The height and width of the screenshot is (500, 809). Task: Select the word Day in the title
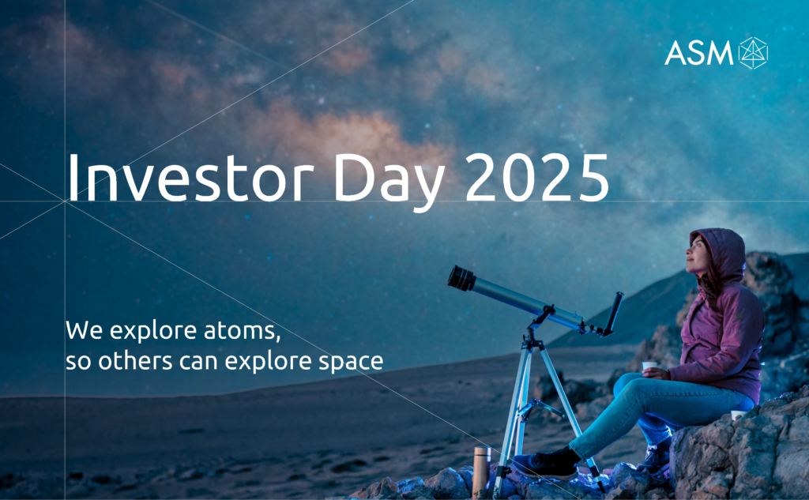[389, 182]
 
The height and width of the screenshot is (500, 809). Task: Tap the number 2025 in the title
[537, 177]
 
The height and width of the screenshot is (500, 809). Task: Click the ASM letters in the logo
[698, 53]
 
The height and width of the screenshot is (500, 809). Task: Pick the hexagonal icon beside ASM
[753, 53]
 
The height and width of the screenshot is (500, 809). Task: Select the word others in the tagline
[135, 360]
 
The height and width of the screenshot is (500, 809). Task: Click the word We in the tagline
[84, 330]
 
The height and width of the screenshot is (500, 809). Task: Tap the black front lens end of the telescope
[461, 278]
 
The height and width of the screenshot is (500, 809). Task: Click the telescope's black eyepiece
[613, 313]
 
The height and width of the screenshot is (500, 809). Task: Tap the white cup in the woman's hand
[649, 367]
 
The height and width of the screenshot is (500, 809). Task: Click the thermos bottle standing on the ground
[481, 469]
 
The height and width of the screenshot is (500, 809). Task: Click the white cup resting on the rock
[737, 415]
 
